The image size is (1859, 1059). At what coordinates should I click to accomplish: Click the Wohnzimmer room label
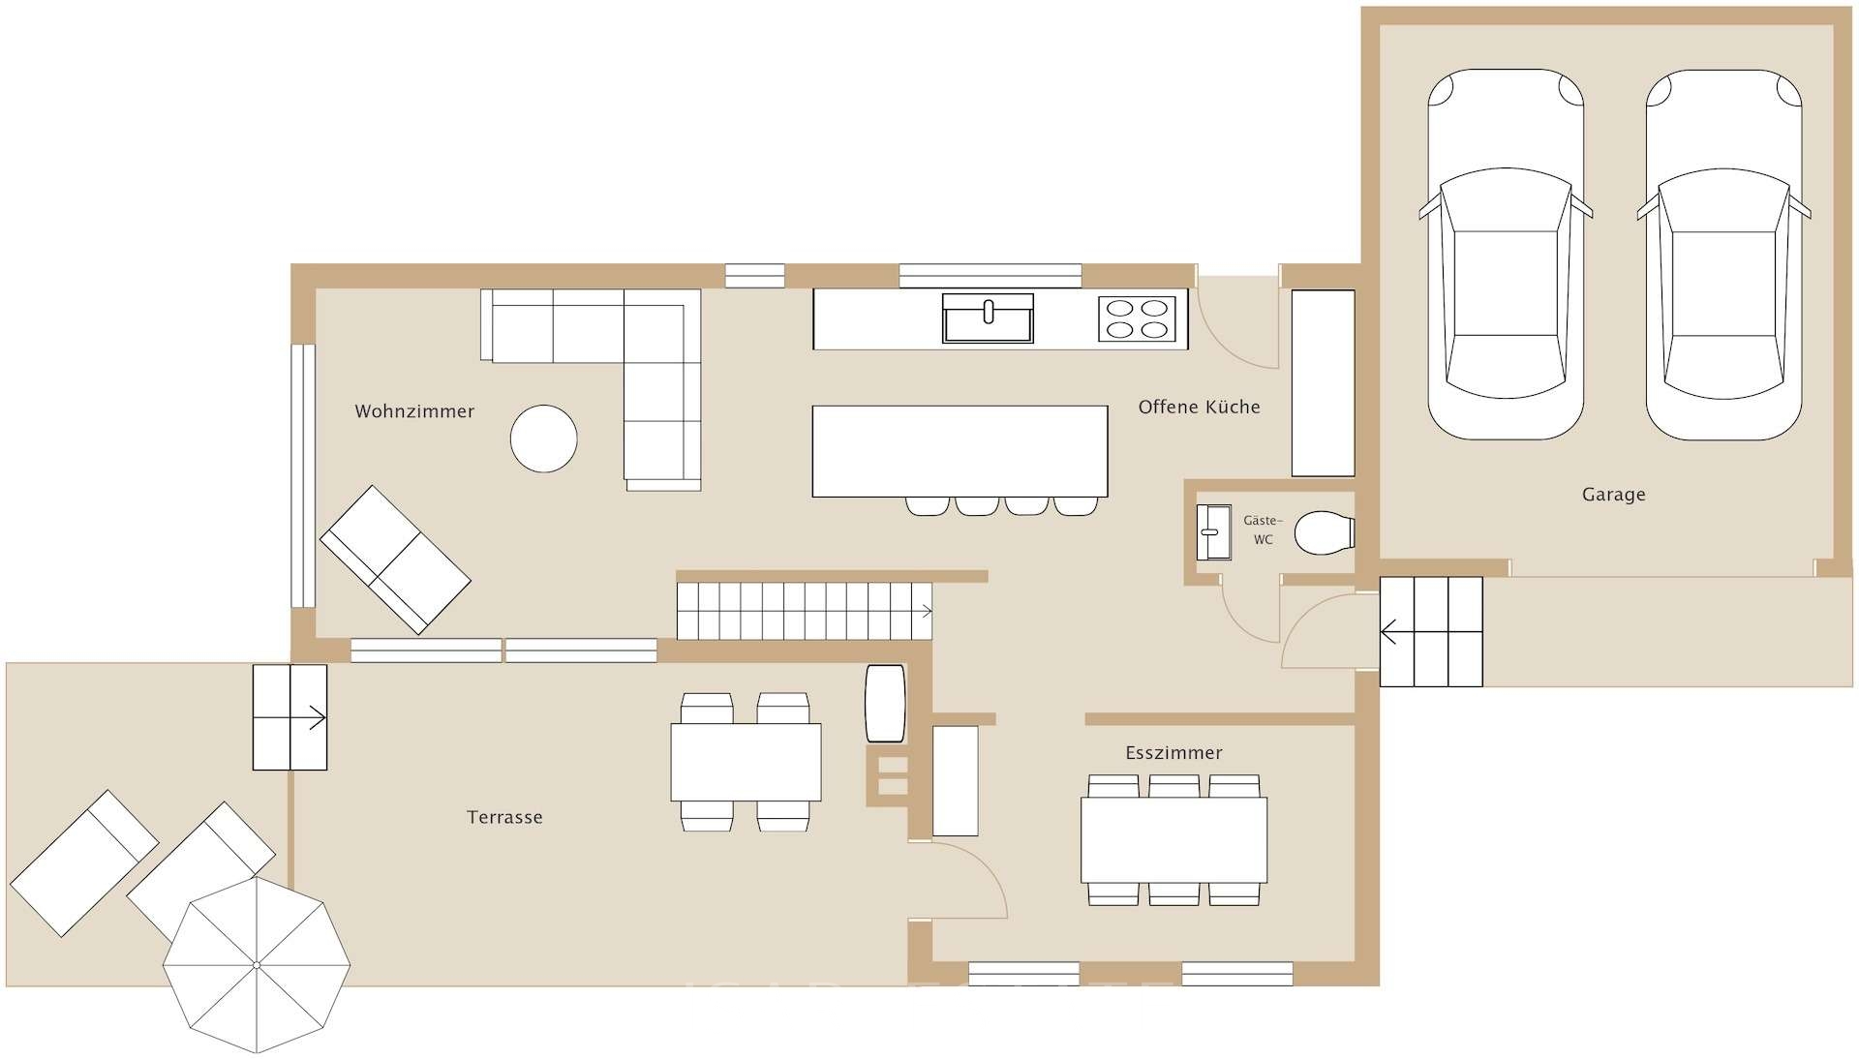[x=414, y=411]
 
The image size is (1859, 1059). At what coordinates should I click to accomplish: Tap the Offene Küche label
[x=1199, y=408]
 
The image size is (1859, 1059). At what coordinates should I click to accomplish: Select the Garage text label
[x=1613, y=495]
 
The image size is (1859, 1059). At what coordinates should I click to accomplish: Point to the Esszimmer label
[x=1173, y=753]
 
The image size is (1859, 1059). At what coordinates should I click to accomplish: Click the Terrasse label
[x=504, y=818]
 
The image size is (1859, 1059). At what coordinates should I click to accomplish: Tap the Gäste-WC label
[x=1263, y=530]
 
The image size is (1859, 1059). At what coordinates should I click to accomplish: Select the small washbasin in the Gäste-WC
[x=1214, y=532]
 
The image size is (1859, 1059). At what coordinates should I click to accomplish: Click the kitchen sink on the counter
[x=988, y=318]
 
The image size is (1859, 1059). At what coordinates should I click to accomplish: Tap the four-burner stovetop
[x=1137, y=318]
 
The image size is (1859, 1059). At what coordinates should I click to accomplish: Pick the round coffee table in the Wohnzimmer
[x=544, y=439]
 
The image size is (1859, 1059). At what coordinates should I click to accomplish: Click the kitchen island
[x=960, y=451]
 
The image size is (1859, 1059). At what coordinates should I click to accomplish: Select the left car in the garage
[x=1506, y=255]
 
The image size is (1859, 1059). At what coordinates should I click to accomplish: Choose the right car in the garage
[x=1723, y=255]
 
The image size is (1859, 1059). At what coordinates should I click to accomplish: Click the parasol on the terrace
[x=257, y=965]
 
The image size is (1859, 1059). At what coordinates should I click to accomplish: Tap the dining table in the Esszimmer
[x=1173, y=839]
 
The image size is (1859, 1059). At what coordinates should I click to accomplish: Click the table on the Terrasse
[x=746, y=762]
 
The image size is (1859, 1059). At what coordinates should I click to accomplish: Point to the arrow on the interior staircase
[x=925, y=611]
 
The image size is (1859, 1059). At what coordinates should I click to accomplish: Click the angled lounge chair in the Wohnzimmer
[x=395, y=560]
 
